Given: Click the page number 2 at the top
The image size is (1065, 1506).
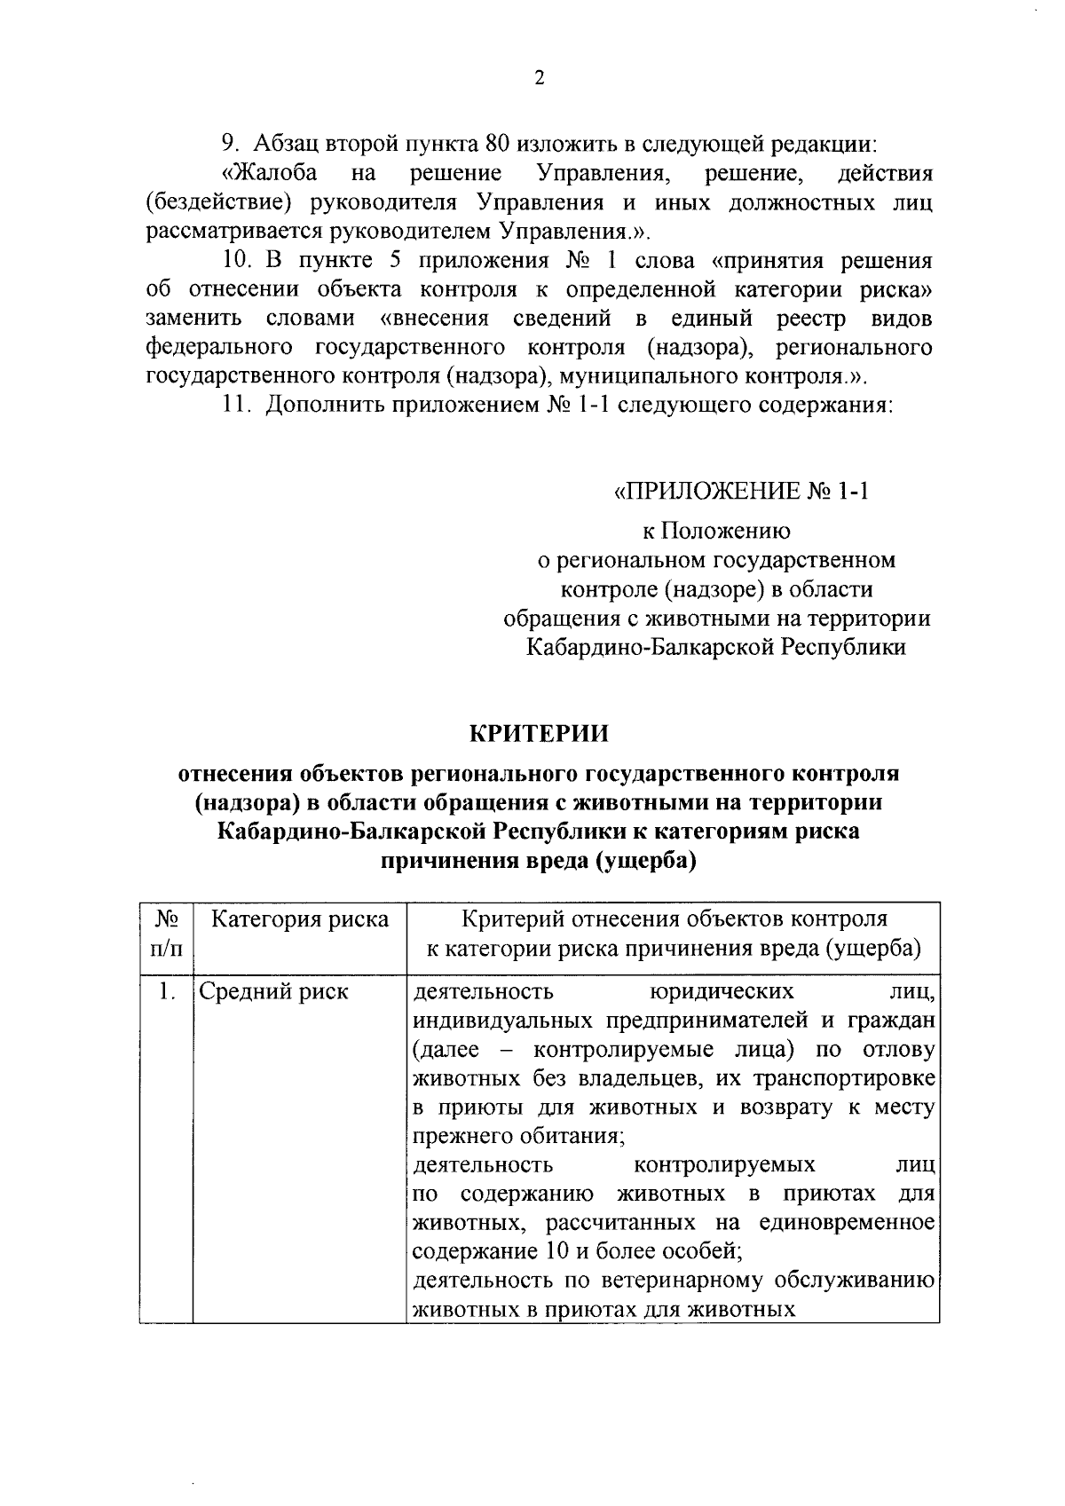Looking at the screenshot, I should click(539, 78).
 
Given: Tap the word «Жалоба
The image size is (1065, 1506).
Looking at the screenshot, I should click(271, 173).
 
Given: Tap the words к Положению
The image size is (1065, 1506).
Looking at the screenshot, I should click(716, 532).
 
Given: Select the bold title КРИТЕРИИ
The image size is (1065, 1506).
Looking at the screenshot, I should click(539, 735).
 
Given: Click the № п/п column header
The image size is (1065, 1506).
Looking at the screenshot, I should click(166, 934).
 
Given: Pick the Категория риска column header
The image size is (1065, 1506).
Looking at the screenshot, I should click(300, 919).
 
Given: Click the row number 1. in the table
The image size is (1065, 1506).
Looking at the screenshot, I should click(162, 991).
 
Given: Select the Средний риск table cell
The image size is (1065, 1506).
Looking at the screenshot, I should click(273, 991).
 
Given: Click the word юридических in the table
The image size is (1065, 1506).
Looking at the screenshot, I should click(722, 991).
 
